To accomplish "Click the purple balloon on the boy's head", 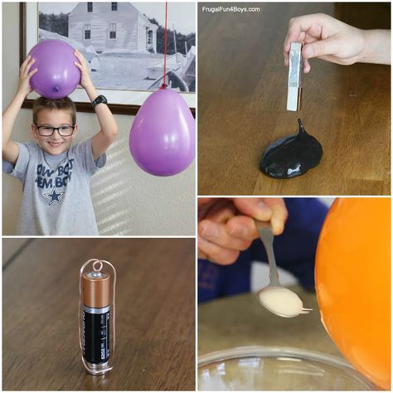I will pos(54,68).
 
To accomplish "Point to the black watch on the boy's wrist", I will pos(99,102).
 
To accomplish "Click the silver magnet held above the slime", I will pos(294,76).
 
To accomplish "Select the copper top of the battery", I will pos(95,289).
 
